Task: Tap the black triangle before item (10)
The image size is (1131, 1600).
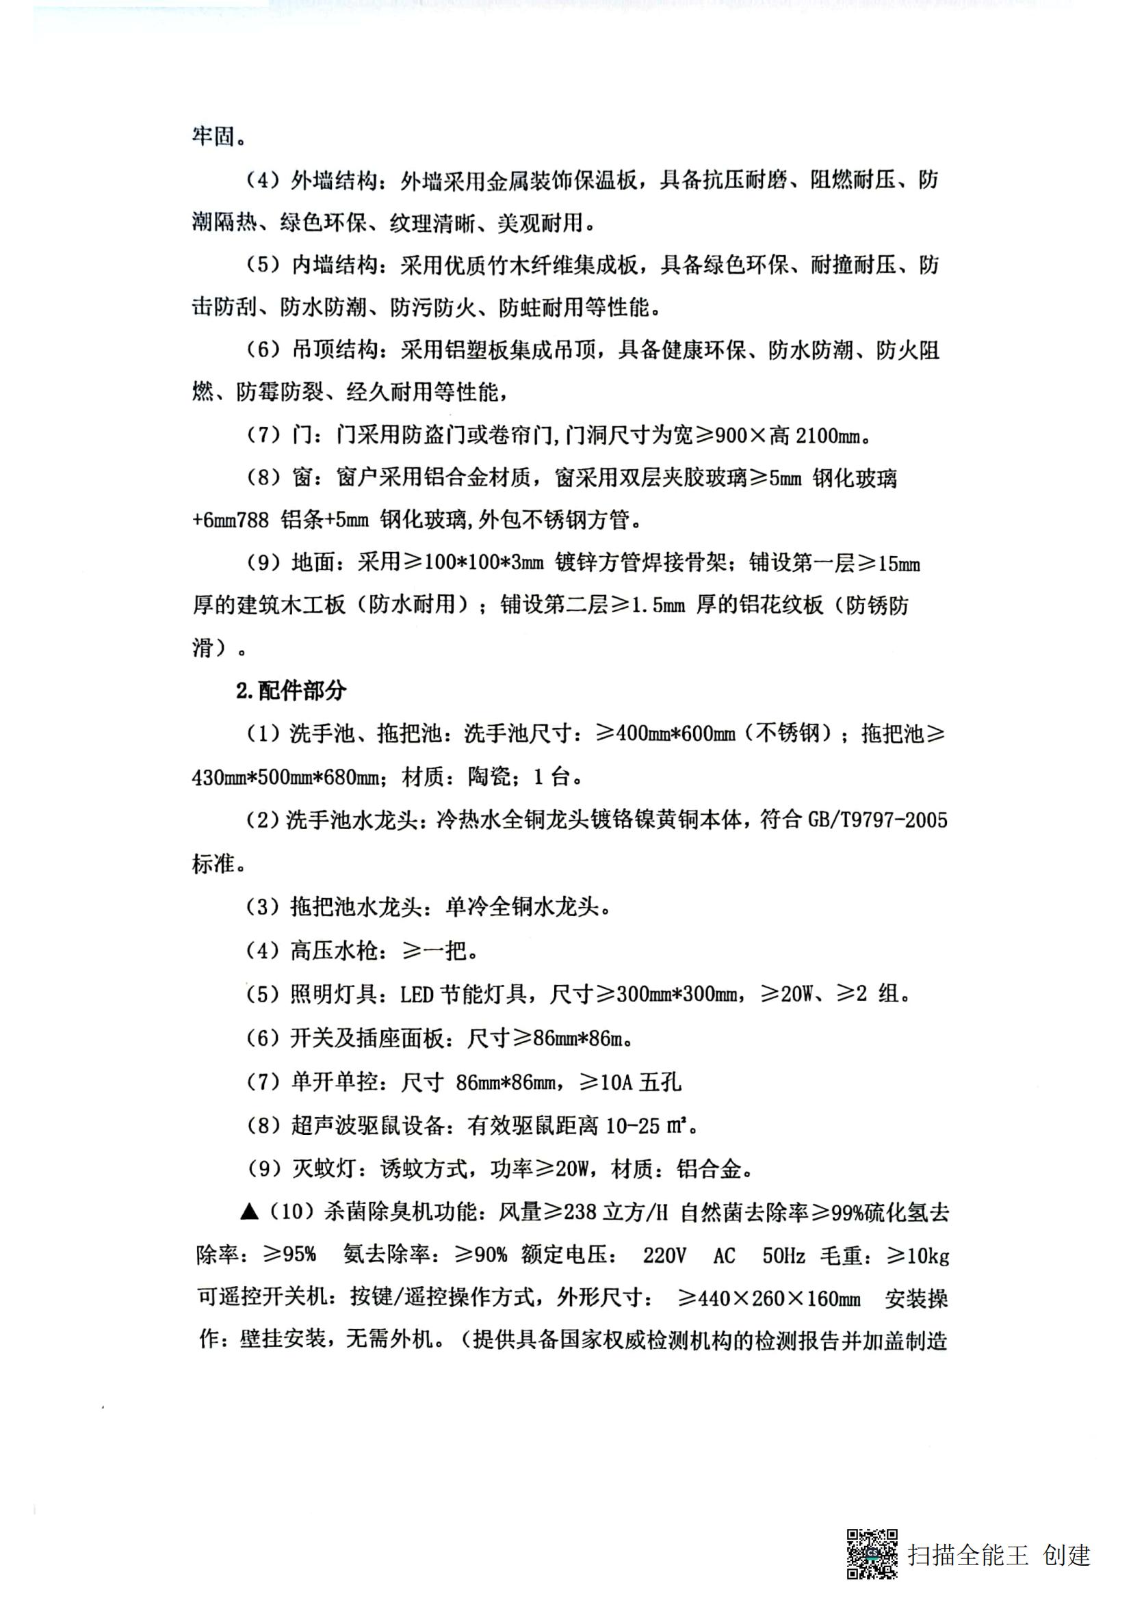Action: [249, 1213]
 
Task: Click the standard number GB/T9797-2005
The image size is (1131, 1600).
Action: [877, 820]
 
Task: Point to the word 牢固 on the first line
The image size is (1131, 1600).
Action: [213, 136]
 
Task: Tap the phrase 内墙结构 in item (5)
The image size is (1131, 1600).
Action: [334, 265]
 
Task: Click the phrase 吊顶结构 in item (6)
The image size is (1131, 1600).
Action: [334, 350]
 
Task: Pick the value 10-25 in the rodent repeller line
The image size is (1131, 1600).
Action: [633, 1126]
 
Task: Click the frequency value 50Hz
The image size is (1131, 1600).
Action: [783, 1256]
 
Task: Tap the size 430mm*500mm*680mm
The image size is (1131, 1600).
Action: [285, 777]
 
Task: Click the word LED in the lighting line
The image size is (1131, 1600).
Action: [417, 995]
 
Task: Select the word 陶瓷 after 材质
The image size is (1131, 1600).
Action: [489, 776]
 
